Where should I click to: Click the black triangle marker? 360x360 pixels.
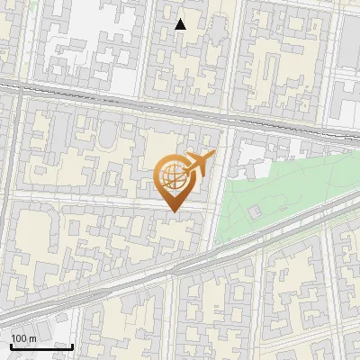(181, 24)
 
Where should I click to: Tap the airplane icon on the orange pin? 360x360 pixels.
(199, 163)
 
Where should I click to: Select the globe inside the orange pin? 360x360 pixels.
(172, 178)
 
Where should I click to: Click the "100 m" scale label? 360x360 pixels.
(23, 338)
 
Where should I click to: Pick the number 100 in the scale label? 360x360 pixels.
(20, 338)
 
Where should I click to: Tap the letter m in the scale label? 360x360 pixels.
(32, 338)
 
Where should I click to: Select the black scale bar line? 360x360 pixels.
(40, 346)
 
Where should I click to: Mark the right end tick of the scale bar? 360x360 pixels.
(72, 345)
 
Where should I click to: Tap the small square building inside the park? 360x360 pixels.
(254, 211)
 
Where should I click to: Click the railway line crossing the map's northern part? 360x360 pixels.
(135, 103)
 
